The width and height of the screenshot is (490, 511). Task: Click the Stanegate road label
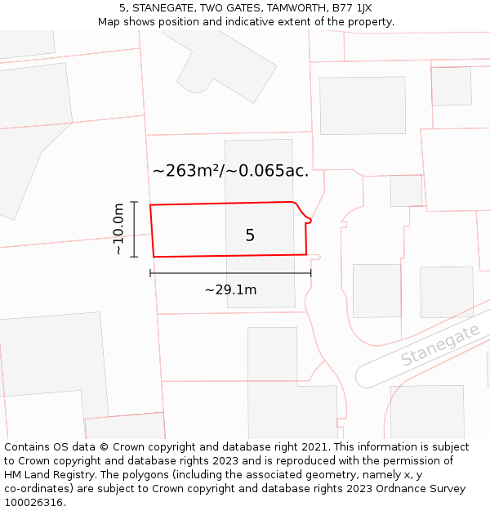point(439,346)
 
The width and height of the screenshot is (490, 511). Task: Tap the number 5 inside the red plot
point(250,235)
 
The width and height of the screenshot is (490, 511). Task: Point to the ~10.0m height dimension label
point(119,229)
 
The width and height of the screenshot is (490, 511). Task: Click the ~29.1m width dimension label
point(230,289)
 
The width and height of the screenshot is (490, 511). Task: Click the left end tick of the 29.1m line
point(151,273)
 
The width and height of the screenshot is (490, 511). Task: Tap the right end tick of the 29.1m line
point(310,273)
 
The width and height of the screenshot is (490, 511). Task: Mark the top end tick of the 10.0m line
point(135,202)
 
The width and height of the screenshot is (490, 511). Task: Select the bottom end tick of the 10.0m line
point(135,257)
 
